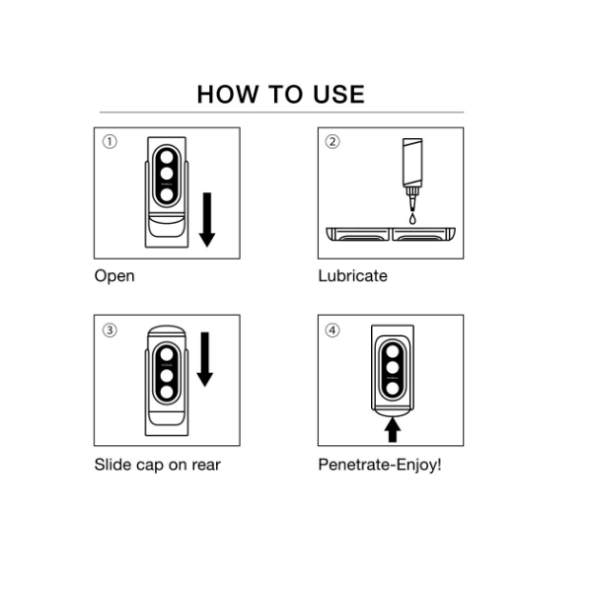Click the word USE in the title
(x=338, y=94)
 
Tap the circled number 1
(x=110, y=142)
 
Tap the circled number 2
(x=333, y=142)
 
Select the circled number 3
(x=110, y=331)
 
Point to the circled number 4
(x=333, y=331)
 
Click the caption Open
(x=114, y=276)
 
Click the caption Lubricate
(x=352, y=276)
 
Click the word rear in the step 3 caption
(x=206, y=466)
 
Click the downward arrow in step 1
(x=207, y=220)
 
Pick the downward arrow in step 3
(x=205, y=359)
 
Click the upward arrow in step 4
(x=393, y=429)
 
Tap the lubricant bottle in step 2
(x=412, y=175)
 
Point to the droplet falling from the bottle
(x=412, y=219)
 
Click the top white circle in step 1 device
(x=167, y=157)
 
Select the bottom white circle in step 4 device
(x=393, y=389)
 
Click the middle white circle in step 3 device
(x=167, y=376)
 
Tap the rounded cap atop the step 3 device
(x=167, y=332)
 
